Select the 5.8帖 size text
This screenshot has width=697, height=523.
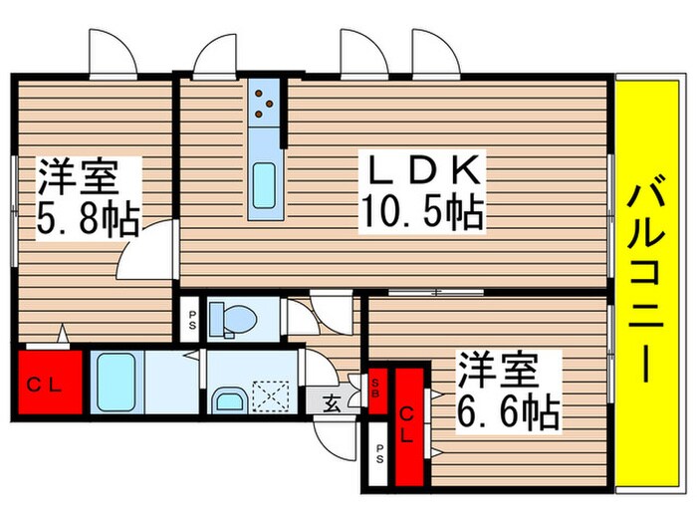[88, 215]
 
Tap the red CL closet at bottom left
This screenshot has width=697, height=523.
[44, 384]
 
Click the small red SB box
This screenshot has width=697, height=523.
[378, 385]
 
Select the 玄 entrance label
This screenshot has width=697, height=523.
[330, 403]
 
